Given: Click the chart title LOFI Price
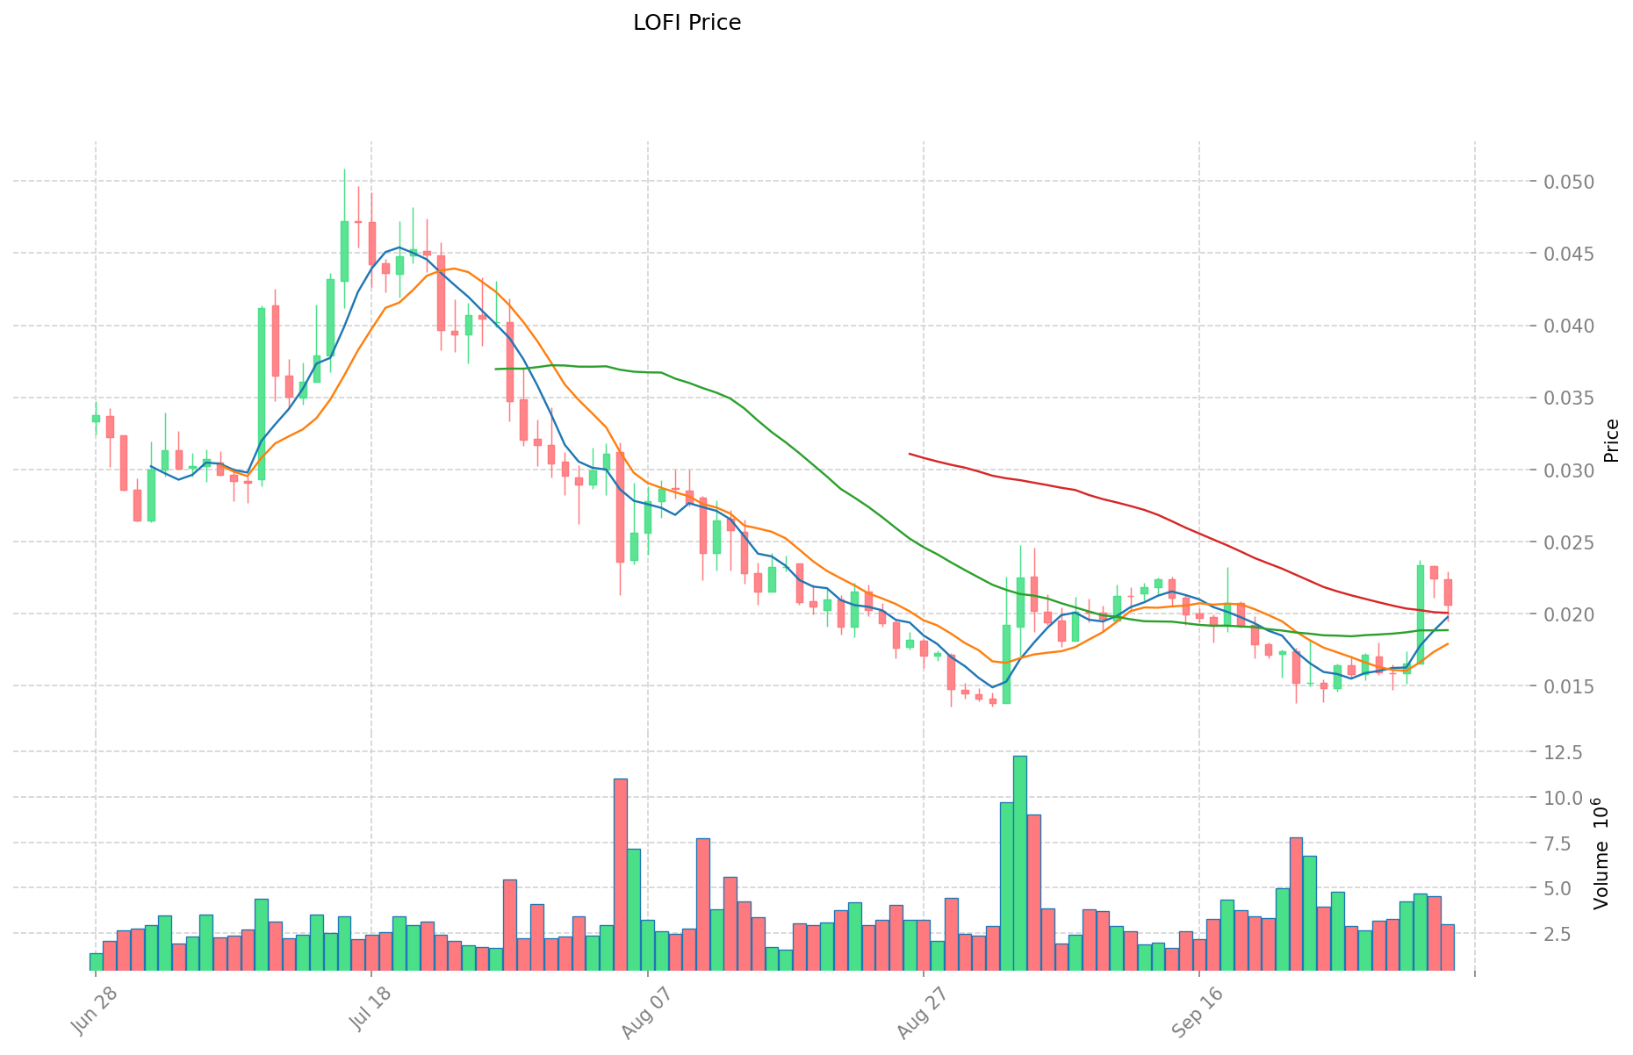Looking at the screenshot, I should [x=687, y=23].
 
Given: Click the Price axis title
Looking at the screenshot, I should [x=1610, y=441].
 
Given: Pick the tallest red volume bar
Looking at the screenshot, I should [x=620, y=873].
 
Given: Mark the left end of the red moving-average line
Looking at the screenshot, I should [x=910, y=454].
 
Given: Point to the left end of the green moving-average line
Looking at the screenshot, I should [x=496, y=369].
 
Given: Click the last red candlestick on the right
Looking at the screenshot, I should [x=1448, y=592].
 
